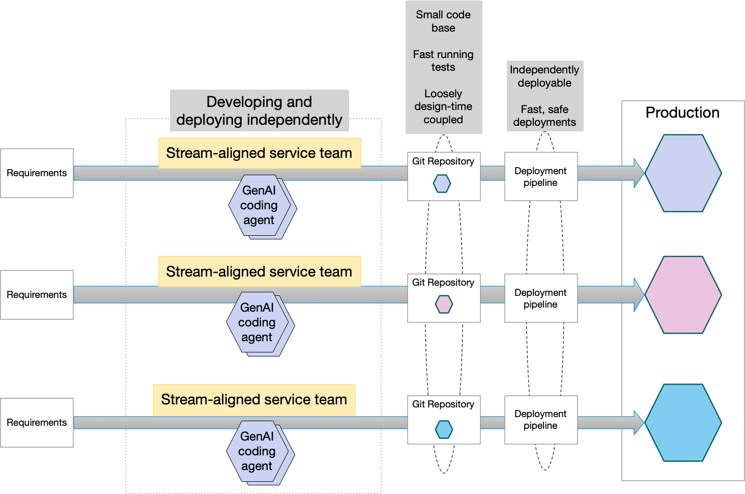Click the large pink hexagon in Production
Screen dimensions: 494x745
click(683, 295)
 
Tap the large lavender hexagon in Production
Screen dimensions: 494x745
click(683, 173)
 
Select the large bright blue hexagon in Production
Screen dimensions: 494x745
click(683, 423)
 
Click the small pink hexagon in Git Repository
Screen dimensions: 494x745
click(444, 305)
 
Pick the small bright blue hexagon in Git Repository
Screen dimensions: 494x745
click(444, 429)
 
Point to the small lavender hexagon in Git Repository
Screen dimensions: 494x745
click(442, 183)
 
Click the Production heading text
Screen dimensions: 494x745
click(682, 113)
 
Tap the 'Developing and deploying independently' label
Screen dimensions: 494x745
click(259, 111)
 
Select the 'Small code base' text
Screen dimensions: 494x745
click(443, 21)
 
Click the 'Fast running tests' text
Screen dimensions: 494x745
click(443, 61)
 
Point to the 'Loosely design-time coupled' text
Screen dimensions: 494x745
click(443, 106)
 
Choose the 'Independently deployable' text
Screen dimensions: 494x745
click(545, 76)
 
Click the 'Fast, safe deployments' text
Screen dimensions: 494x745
click(545, 116)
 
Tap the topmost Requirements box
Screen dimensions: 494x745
click(37, 173)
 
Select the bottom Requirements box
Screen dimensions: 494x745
click(37, 423)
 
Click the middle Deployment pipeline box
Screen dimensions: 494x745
click(541, 298)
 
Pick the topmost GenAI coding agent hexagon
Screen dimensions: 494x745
click(260, 206)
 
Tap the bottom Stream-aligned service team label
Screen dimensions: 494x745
click(254, 400)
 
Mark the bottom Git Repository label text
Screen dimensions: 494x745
click(443, 404)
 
